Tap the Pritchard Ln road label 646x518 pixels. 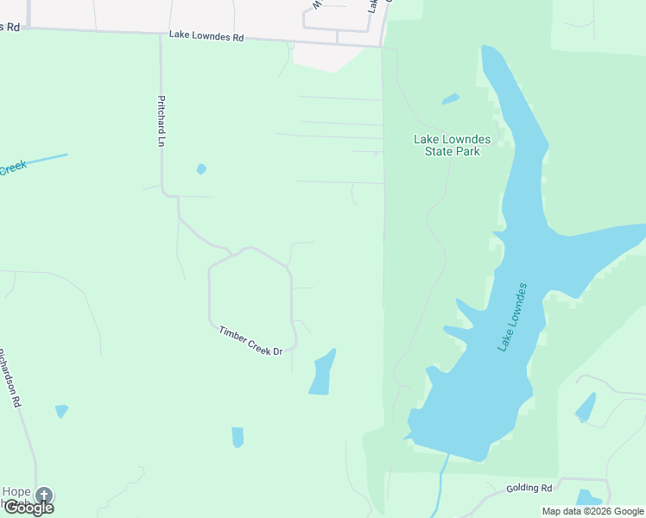pyautogui.click(x=161, y=120)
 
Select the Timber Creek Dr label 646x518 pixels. pyautogui.click(x=250, y=340)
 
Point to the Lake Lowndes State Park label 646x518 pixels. pyautogui.click(x=446, y=145)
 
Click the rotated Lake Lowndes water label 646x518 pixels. pyautogui.click(x=512, y=317)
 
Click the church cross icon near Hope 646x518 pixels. pyautogui.click(x=43, y=496)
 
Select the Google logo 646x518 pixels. pyautogui.click(x=28, y=508)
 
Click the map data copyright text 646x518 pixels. pyautogui.click(x=592, y=511)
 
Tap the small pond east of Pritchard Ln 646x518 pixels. pyautogui.click(x=201, y=169)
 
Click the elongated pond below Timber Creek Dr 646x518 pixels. pyautogui.click(x=321, y=373)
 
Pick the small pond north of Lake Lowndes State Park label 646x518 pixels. pyautogui.click(x=451, y=99)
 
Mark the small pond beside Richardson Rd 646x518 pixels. pyautogui.click(x=61, y=411)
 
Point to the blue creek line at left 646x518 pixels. pyautogui.click(x=47, y=159)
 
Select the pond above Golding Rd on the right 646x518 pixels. pyautogui.click(x=586, y=407)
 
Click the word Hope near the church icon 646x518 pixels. pyautogui.click(x=16, y=492)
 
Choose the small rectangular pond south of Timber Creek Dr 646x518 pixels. pyautogui.click(x=237, y=437)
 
